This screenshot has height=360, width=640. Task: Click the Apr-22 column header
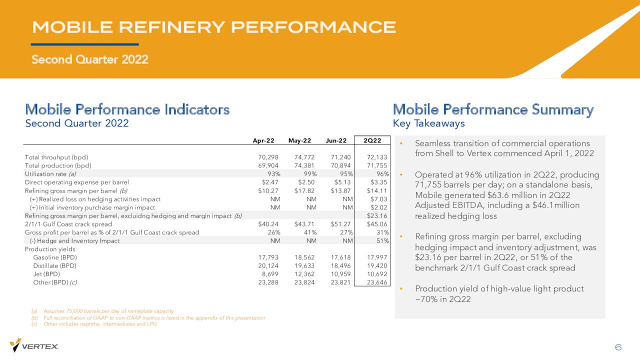tap(263, 140)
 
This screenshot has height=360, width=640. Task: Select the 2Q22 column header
tap(372, 140)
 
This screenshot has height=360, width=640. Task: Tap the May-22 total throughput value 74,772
tap(304, 157)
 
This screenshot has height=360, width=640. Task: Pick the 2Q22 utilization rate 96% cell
tap(382, 173)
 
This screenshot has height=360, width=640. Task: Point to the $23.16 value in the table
tap(377, 215)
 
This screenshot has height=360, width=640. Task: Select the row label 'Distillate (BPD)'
tap(54, 265)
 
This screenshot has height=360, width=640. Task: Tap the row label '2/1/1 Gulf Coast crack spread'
tap(68, 224)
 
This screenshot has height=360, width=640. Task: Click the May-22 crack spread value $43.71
tap(304, 224)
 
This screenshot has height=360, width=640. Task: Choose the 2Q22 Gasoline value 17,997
tap(377, 257)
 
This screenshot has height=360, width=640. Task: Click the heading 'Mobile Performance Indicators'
tap(127, 109)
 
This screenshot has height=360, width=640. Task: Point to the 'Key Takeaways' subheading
tap(428, 123)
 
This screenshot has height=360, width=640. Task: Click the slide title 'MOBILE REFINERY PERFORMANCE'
tap(214, 27)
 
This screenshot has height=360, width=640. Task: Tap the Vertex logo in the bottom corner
tap(33, 345)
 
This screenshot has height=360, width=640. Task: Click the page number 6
tap(618, 347)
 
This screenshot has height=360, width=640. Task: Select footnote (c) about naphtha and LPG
tap(94, 324)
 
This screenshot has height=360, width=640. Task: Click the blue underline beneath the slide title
tap(85, 44)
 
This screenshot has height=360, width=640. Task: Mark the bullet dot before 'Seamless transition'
tap(401, 143)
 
